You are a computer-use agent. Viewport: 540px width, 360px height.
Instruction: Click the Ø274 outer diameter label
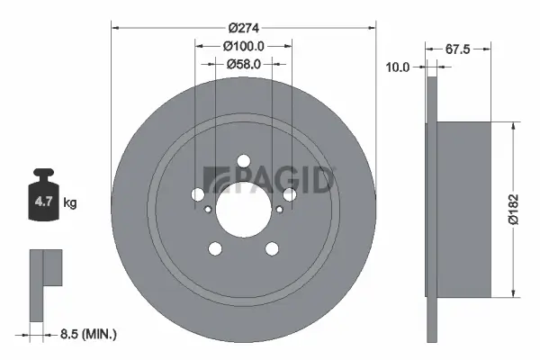pos(242,26)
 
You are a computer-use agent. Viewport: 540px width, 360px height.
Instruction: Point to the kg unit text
pos(70,204)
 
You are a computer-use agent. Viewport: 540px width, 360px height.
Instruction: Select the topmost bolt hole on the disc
pos(243,162)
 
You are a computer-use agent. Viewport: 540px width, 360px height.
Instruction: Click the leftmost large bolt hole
pos(197,194)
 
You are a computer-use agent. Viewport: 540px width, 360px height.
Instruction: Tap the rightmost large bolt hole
pos(289,194)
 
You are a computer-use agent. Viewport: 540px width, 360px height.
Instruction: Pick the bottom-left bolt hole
pos(214,249)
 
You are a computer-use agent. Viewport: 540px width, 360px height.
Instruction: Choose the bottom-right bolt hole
pos(271,249)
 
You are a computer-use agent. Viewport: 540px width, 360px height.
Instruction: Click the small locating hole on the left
pos(208,211)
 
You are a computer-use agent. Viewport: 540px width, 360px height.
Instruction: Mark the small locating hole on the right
pos(278,211)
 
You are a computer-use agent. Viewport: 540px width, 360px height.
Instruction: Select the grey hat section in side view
pos(464,209)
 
